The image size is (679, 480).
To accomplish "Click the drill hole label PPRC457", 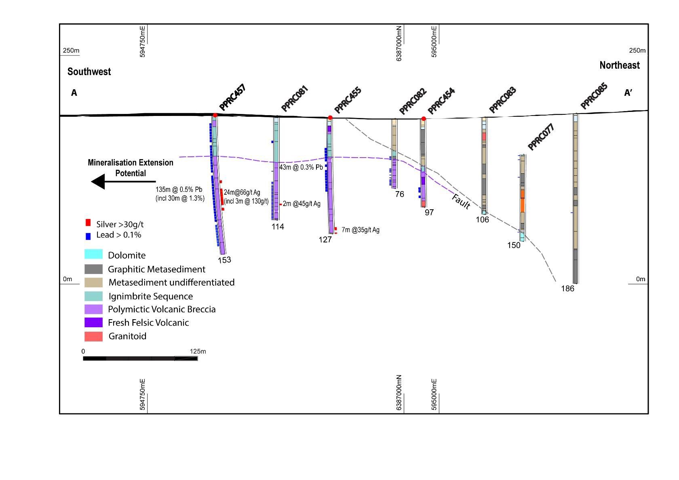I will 232,97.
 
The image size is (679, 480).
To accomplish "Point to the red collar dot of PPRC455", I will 330,118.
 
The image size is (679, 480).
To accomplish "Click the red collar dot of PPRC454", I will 424,119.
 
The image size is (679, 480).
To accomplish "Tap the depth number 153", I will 224,260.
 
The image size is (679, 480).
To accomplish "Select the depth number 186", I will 567,288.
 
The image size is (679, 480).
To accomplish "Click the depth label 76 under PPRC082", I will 399,194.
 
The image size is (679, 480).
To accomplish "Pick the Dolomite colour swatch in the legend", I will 93,254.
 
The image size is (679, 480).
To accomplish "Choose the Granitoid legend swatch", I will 93,336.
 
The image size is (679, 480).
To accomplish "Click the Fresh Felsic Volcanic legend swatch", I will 93,322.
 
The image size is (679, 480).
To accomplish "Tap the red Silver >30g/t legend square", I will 88,223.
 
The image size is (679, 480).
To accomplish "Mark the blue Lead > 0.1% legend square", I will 88,236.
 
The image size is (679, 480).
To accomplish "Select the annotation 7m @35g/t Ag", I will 361,230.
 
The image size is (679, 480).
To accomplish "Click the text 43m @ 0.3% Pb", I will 301,167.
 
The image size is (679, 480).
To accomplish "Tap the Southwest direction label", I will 89,72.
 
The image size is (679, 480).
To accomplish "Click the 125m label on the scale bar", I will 198,352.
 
